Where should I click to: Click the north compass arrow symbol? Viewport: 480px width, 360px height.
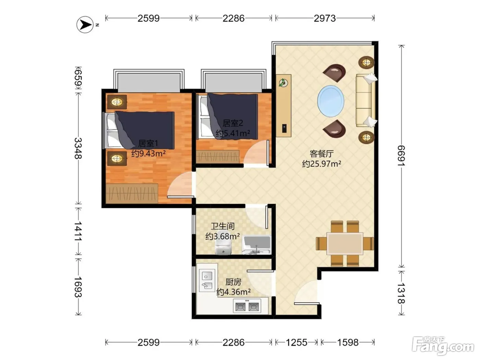pyautogui.click(x=85, y=25)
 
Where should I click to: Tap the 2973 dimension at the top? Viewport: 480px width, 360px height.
pyautogui.click(x=325, y=19)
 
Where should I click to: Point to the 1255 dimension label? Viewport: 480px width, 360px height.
pyautogui.click(x=297, y=342)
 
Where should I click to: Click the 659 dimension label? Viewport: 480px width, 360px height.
pyautogui.click(x=78, y=77)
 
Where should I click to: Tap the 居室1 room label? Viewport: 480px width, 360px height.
pyautogui.click(x=148, y=143)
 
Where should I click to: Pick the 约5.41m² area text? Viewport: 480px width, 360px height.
pyautogui.click(x=233, y=133)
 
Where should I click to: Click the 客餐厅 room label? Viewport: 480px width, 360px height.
pyautogui.click(x=322, y=154)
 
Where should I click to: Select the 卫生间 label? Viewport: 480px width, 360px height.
pyautogui.click(x=223, y=226)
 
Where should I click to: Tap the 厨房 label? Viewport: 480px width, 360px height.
pyautogui.click(x=233, y=282)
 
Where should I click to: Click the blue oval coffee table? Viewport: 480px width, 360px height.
pyautogui.click(x=331, y=101)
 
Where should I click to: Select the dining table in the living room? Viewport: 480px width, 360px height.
pyautogui.click(x=345, y=243)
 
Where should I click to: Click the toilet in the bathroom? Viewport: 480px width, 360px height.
pyautogui.click(x=223, y=243)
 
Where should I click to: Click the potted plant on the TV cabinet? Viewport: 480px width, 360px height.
pyautogui.click(x=283, y=83)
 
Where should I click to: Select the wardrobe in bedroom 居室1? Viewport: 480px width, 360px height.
pyautogui.click(x=132, y=193)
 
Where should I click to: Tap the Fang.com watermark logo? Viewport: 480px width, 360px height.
pyautogui.click(x=443, y=346)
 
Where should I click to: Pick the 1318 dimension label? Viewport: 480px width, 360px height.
pyautogui.click(x=401, y=293)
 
